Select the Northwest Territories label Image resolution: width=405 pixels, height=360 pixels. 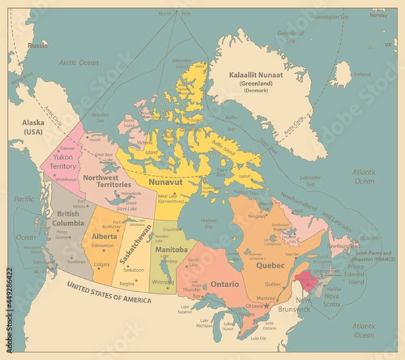coord(107,180)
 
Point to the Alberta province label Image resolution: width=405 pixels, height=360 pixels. coord(104,236)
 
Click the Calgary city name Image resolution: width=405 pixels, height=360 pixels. coord(102,264)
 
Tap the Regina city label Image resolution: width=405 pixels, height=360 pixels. coord(127,284)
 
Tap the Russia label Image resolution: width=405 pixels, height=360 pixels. coord(38,46)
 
